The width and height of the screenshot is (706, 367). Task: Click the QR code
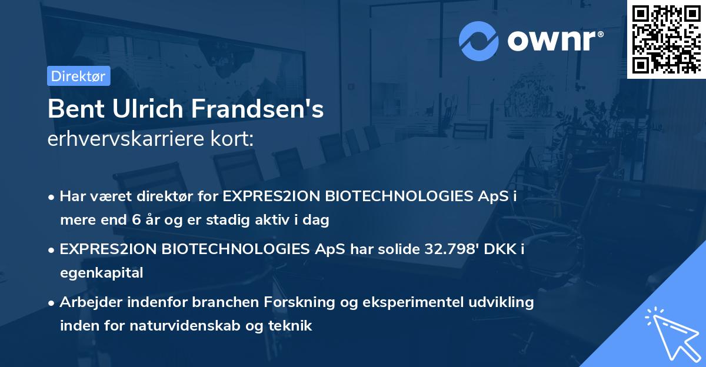pos(666,39)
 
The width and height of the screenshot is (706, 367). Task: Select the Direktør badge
pos(78,76)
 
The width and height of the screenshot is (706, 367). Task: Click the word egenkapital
pos(101,272)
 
